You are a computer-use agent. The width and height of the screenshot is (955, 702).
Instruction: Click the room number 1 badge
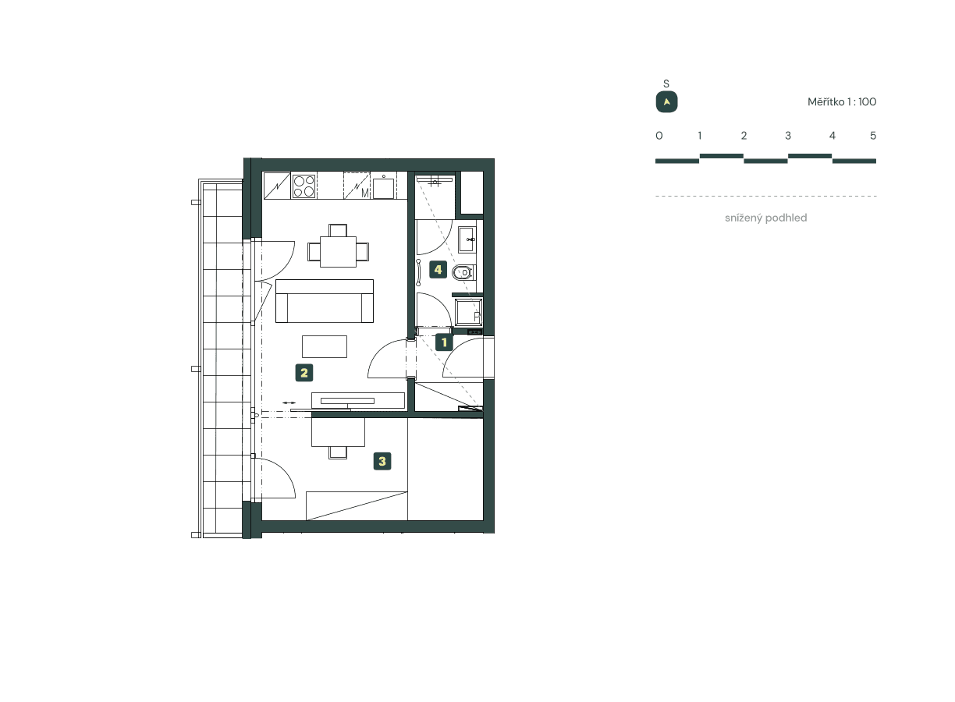point(444,342)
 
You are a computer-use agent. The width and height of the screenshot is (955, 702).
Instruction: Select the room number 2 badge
point(304,373)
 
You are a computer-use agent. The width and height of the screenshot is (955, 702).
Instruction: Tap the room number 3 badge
point(382,461)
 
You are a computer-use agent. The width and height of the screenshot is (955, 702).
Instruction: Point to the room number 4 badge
point(438,270)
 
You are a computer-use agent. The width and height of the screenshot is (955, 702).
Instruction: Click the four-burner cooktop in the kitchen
point(304,186)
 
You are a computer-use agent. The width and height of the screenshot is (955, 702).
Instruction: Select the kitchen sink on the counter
point(382,187)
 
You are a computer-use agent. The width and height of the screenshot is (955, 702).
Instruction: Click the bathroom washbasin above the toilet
point(467,239)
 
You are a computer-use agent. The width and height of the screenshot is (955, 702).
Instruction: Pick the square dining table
point(338,251)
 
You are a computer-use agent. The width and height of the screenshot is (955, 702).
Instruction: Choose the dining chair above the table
point(338,229)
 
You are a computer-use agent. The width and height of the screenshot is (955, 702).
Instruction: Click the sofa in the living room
point(325,301)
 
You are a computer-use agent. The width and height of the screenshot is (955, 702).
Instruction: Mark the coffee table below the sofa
point(325,346)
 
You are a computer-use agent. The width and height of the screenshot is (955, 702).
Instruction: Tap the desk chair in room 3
point(339,452)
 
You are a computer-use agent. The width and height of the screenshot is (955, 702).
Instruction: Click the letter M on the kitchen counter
point(364,192)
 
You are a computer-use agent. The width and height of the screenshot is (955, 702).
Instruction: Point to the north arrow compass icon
point(666,102)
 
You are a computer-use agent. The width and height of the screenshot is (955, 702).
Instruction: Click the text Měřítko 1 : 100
point(842,102)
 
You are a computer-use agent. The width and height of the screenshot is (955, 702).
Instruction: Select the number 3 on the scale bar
point(788,136)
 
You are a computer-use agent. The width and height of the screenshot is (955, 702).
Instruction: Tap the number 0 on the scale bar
point(659,136)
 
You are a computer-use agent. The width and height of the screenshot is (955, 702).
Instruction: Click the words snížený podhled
point(765,218)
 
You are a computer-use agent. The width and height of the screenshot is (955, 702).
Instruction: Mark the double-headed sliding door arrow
point(289,402)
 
